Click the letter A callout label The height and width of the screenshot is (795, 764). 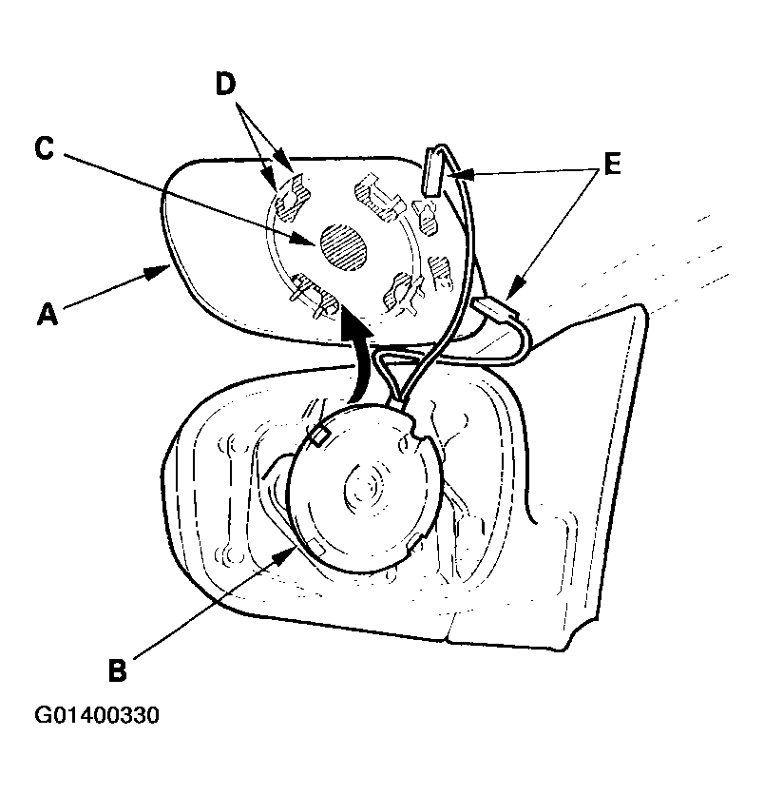point(48,313)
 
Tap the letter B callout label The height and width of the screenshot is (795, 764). point(118,669)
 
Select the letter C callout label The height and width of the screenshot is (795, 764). point(45,149)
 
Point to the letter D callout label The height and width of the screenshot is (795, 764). point(226,85)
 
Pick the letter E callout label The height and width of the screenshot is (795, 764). point(613,164)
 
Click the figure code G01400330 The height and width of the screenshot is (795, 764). point(97,715)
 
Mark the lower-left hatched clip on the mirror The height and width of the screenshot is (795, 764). point(315,298)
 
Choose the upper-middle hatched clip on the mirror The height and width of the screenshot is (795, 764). point(378,199)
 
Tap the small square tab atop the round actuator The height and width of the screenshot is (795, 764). point(319,436)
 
